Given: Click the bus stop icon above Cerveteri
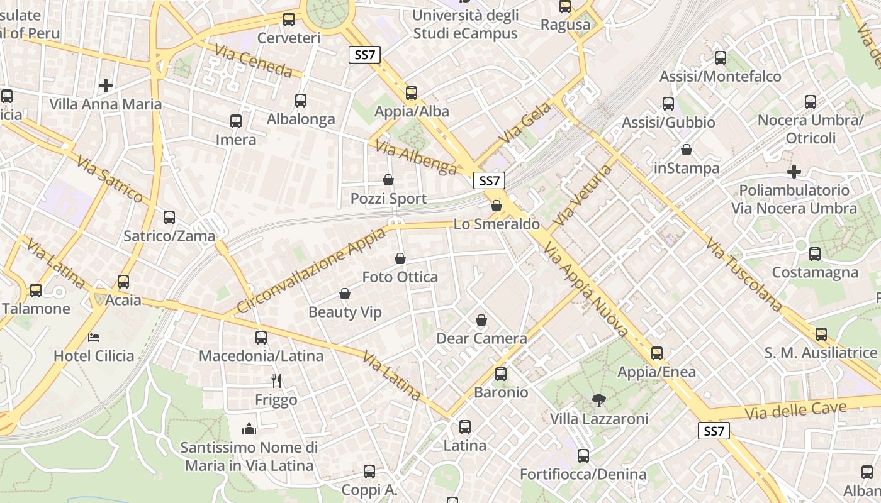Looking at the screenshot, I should tap(289, 19).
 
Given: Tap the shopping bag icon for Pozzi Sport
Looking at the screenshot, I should tap(388, 180).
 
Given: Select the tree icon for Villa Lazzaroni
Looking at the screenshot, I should tap(598, 400).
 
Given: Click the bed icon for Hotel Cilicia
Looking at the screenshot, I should tap(94, 338).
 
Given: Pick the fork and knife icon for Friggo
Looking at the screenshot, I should tap(276, 380).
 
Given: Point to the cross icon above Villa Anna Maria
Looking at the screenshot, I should tap(106, 85).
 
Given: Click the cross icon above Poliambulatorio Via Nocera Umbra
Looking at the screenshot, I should tap(794, 171).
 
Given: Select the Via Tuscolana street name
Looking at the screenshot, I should tap(743, 274).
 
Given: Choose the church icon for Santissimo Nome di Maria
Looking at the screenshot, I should tap(249, 429).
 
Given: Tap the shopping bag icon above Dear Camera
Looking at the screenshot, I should tap(481, 321).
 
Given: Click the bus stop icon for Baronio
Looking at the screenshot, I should tap(501, 374).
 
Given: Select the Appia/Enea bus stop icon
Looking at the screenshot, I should tap(657, 353).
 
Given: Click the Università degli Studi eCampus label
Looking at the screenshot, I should tap(466, 25).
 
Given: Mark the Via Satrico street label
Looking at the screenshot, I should tap(109, 179).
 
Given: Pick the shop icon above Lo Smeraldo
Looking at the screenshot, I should tap(497, 206).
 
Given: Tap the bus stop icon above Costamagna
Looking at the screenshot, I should tap(815, 254).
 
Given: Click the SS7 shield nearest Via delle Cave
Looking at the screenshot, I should tap(714, 431).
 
